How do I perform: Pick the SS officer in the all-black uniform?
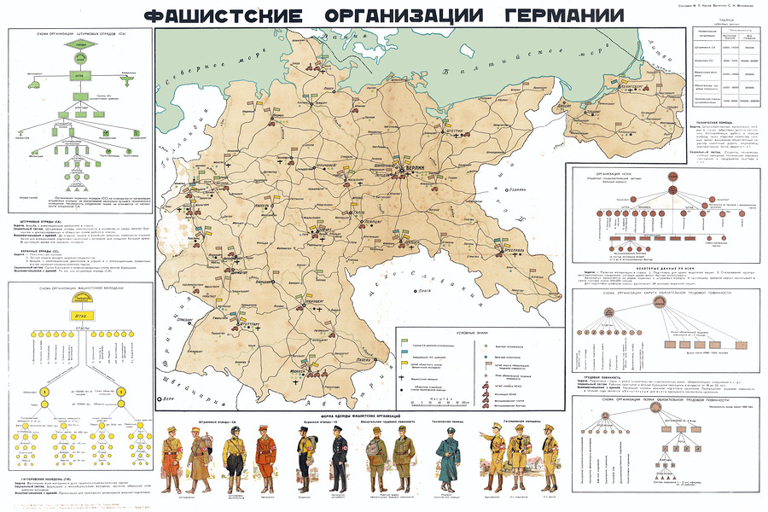[305, 456]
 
